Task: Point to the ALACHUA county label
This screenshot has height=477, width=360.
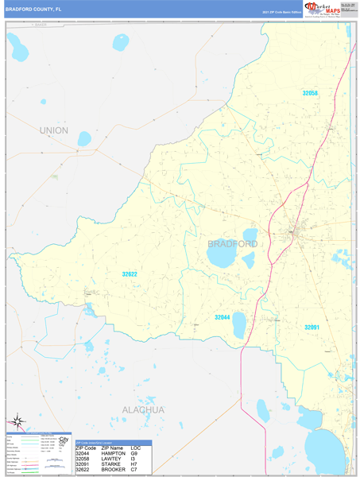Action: pos(143,409)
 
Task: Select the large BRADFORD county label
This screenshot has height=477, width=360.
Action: pos(233,244)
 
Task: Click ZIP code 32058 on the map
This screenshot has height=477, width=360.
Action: pos(310,93)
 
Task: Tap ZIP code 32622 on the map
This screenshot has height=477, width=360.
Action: pos(130,274)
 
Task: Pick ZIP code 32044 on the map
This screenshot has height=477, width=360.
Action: pos(223,316)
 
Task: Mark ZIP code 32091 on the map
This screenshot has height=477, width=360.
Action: pos(312,327)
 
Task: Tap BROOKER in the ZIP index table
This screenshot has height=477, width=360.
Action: pos(113,470)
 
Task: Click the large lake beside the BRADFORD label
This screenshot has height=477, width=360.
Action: pos(220,258)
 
